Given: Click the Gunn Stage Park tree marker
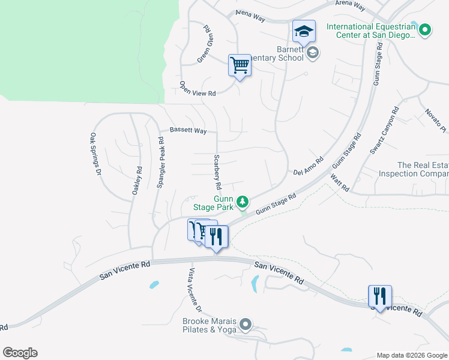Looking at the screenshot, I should tap(243, 202).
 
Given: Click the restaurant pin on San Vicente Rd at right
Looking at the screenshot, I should tap(380, 296).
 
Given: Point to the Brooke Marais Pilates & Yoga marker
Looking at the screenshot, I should tap(246, 325).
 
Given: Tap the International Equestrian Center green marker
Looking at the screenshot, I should tap(425, 29).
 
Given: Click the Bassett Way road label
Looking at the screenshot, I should tap(188, 130).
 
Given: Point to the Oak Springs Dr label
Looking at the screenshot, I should tap(95, 154).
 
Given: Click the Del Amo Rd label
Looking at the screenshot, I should tap(309, 167).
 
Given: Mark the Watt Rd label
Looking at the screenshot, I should tap(340, 182).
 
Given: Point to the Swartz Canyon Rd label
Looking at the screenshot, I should tap(384, 131).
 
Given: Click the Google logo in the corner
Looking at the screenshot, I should tap(20, 352).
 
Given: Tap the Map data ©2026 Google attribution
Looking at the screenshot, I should tap(411, 355).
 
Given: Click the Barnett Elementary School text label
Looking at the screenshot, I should tap(290, 53).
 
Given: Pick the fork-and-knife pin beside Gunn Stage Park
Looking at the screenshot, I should tap(216, 237).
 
